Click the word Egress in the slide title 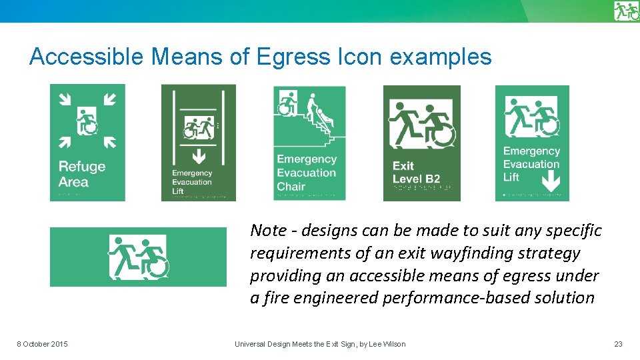(283, 57)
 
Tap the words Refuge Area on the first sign (81, 174)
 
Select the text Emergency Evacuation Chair (307, 173)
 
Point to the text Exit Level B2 (416, 172)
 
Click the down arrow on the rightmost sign (549, 179)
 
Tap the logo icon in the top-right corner (626, 11)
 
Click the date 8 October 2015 (42, 344)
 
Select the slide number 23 (618, 344)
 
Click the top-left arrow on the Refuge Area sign (65, 99)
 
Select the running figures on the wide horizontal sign (139, 257)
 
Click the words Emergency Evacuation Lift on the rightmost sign (531, 164)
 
